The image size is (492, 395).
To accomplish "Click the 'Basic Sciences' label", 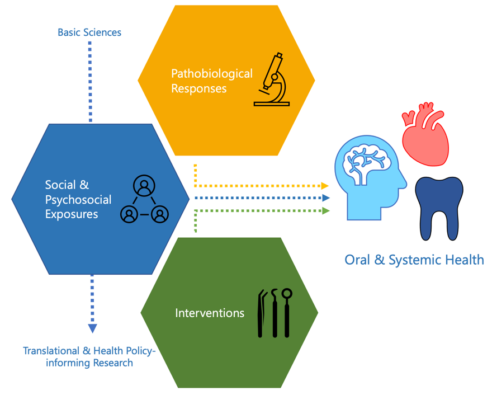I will pyautogui.click(x=89, y=32).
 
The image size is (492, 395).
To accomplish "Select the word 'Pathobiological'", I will pyautogui.click(x=212, y=73).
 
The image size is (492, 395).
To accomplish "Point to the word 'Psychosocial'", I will pyautogui.click(x=78, y=200).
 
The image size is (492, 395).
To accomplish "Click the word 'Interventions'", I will pyautogui.click(x=210, y=313).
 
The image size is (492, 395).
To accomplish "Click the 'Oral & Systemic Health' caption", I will pyautogui.click(x=414, y=260).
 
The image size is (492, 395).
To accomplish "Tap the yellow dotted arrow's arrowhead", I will pyautogui.click(x=325, y=185).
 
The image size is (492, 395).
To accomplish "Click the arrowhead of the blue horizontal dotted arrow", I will pyautogui.click(x=327, y=198).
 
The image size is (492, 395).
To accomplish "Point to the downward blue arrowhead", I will pyautogui.click(x=92, y=328).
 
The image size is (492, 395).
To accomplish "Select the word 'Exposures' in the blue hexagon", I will pyautogui.click(x=72, y=214).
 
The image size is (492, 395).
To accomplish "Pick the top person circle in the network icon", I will pyautogui.click(x=145, y=185).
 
